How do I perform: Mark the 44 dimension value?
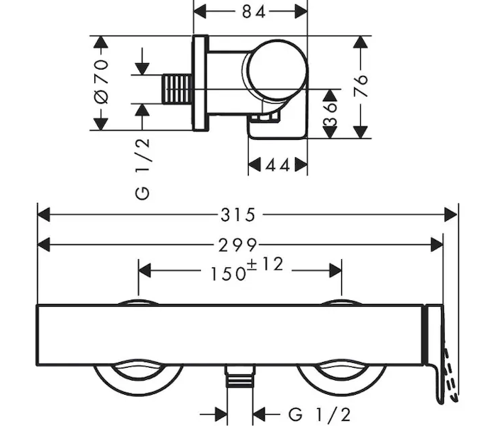pos(277,165)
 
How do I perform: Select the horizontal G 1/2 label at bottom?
pos(319,413)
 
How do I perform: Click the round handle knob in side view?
pos(277,68)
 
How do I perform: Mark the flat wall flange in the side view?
pos(201,83)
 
